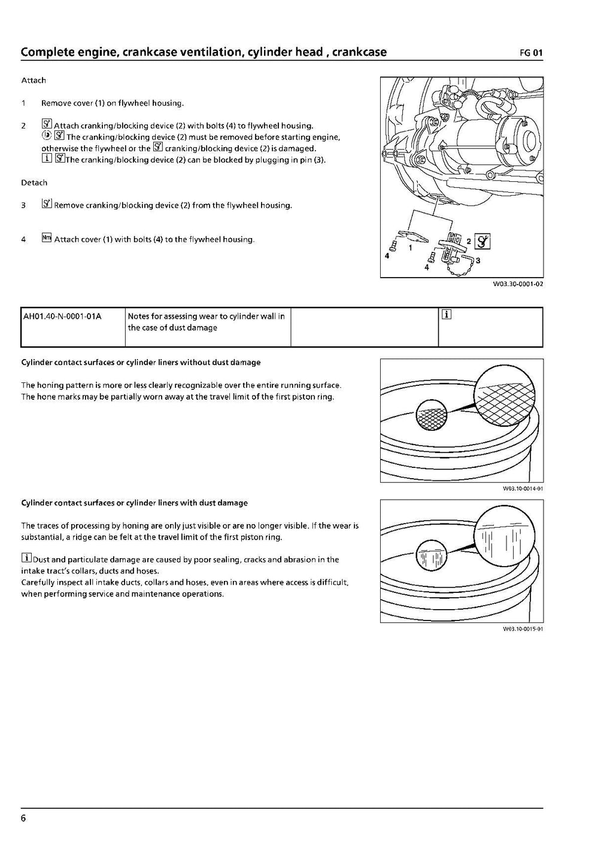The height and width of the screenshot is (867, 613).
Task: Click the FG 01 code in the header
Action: coord(531,53)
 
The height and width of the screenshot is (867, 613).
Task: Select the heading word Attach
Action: coord(34,80)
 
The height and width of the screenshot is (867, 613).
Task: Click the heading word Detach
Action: coord(34,182)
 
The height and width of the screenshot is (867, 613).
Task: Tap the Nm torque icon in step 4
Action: coord(47,238)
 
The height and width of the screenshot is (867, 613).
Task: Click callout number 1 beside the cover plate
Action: coord(410,247)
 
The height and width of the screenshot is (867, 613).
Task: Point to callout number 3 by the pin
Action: coord(477,260)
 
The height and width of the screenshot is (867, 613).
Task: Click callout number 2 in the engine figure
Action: coord(469,241)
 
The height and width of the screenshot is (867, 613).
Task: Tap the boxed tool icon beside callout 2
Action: coord(482,241)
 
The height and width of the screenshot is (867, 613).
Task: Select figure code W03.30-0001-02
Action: coord(518,284)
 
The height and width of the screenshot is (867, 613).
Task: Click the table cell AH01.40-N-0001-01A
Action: coord(62,316)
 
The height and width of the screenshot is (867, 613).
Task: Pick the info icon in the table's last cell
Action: coord(446,315)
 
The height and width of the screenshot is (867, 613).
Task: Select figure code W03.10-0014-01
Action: coord(523,489)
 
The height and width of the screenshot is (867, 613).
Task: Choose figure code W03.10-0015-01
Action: coord(523,629)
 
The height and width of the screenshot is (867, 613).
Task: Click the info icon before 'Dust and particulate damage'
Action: coord(26,559)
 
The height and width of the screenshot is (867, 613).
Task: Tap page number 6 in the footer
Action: coord(23,819)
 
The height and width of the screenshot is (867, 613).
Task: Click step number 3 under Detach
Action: coord(23,205)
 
